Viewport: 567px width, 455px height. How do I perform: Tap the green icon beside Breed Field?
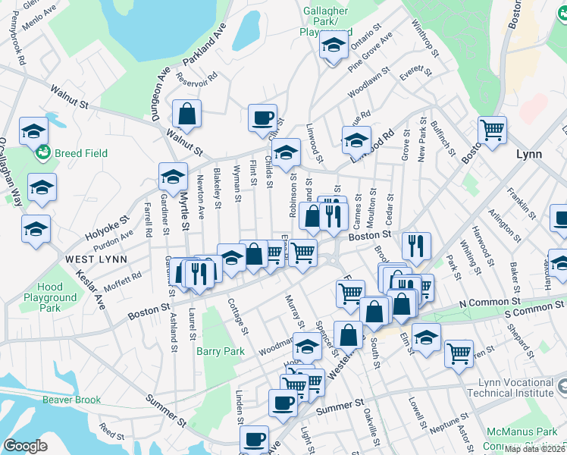[x=42, y=153]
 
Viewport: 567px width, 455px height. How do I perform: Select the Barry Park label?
[x=221, y=351]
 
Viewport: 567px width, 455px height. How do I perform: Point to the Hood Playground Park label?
[x=50, y=297]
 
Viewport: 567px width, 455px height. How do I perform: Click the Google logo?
[x=25, y=446]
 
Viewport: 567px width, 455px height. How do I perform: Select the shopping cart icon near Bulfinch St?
[x=492, y=130]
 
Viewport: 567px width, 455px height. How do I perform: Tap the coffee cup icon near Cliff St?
[x=262, y=118]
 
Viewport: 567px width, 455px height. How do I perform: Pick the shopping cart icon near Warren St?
[x=459, y=352]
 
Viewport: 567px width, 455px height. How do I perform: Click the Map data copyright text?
[x=534, y=449]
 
